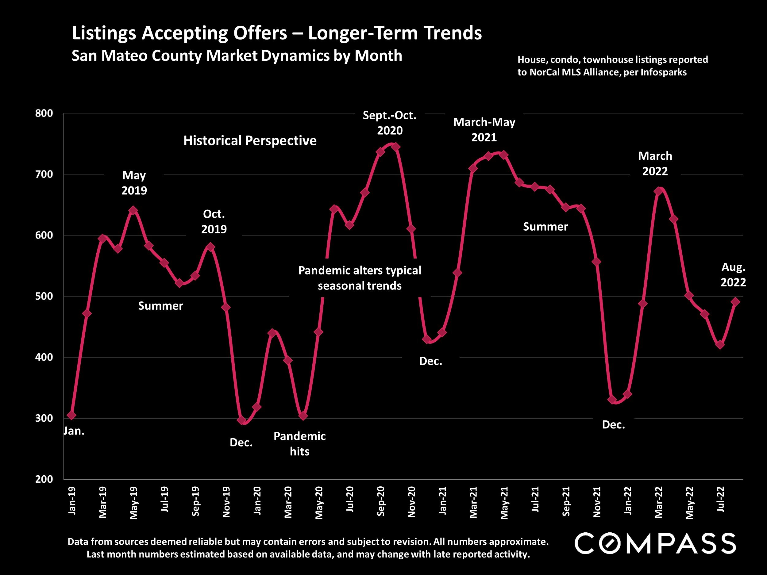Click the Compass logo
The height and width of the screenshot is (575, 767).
[x=655, y=543]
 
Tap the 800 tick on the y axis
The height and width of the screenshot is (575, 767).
[x=44, y=113]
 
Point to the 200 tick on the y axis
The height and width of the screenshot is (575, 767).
[x=44, y=479]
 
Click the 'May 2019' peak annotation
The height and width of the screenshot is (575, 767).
[x=134, y=183]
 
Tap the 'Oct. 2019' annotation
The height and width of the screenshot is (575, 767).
[x=214, y=221]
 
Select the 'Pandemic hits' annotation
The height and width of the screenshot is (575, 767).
[x=299, y=444]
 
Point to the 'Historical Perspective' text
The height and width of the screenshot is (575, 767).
[x=250, y=141]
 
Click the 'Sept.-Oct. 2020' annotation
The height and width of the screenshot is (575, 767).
[x=390, y=123]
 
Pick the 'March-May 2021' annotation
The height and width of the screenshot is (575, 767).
[x=484, y=130]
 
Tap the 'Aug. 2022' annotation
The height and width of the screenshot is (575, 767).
[x=733, y=274]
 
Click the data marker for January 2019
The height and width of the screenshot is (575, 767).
[x=72, y=415]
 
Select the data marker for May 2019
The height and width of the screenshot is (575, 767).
[x=133, y=211]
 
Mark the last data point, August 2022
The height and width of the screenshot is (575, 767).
[x=735, y=302]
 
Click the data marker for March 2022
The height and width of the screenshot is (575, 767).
[x=658, y=191]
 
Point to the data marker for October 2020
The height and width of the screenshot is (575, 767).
[x=396, y=147]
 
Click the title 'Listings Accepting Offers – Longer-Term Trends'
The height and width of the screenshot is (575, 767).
[x=277, y=33]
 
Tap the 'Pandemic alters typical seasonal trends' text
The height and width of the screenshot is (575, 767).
[x=360, y=278]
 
